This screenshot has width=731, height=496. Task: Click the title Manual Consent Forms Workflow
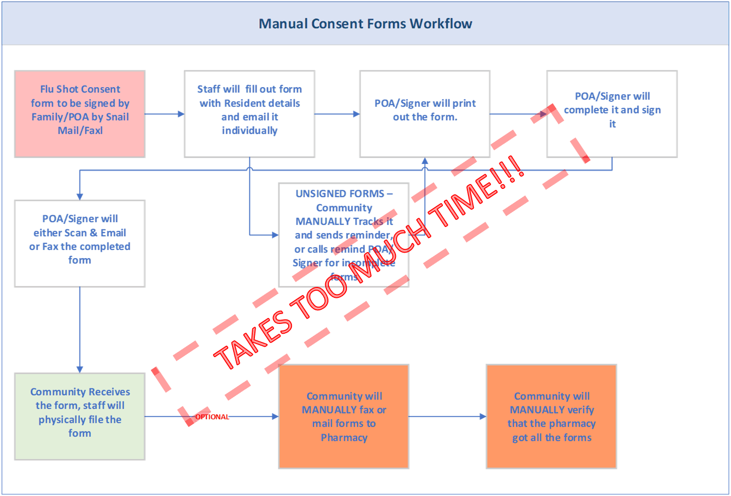coord(365,24)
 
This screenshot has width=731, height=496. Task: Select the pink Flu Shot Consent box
coord(80,114)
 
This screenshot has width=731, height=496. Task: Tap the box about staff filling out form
coord(249,114)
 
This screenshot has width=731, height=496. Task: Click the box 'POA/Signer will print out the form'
coord(425,114)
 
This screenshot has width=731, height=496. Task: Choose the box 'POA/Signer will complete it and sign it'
coord(612,114)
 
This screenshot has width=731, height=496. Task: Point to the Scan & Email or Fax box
coord(80,243)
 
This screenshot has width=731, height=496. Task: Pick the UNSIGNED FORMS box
coord(344,235)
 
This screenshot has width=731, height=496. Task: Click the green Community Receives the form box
coord(80,416)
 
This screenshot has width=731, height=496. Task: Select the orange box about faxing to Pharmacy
coord(344,417)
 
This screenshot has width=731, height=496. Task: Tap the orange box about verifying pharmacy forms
coord(551,417)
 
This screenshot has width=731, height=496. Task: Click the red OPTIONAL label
coord(212,417)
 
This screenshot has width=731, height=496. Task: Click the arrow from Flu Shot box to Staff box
coord(165,114)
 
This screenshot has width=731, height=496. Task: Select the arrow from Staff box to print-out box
coord(337,114)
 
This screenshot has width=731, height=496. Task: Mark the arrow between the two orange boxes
coord(447,417)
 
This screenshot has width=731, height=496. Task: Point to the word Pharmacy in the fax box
coord(344,437)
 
